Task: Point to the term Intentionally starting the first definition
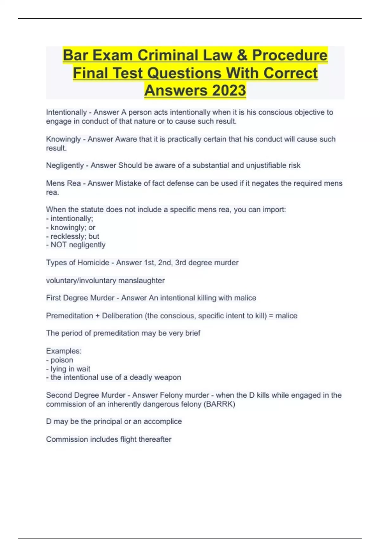tap(66, 112)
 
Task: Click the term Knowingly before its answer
tap(63, 139)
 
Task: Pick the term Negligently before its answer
tap(65, 166)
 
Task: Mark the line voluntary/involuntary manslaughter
tap(105, 281)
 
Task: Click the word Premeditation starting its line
tap(70, 316)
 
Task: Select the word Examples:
tap(64, 351)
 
